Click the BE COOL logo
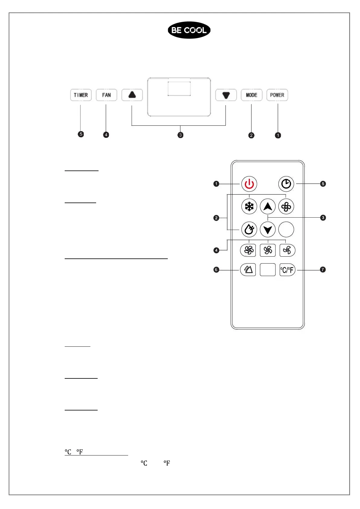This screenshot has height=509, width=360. click(x=189, y=30)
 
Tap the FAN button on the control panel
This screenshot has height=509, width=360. click(x=106, y=95)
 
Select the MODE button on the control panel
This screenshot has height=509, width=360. click(x=251, y=95)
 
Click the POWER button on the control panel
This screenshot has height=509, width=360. click(x=277, y=95)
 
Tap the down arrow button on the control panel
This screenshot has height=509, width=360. click(x=226, y=95)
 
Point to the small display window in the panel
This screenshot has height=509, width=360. click(x=179, y=89)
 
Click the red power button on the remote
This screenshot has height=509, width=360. click(x=249, y=184)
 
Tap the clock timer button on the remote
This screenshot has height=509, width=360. click(x=286, y=184)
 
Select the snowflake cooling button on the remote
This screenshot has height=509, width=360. click(x=249, y=207)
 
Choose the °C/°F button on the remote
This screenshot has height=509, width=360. click(x=287, y=270)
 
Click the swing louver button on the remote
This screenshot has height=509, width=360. click(x=248, y=270)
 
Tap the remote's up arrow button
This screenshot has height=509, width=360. click(x=268, y=207)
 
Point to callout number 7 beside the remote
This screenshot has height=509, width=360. click(x=323, y=269)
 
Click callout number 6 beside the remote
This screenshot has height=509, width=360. click(x=216, y=270)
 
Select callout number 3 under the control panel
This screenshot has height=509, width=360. click(x=180, y=135)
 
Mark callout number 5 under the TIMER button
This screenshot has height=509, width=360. click(x=81, y=134)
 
